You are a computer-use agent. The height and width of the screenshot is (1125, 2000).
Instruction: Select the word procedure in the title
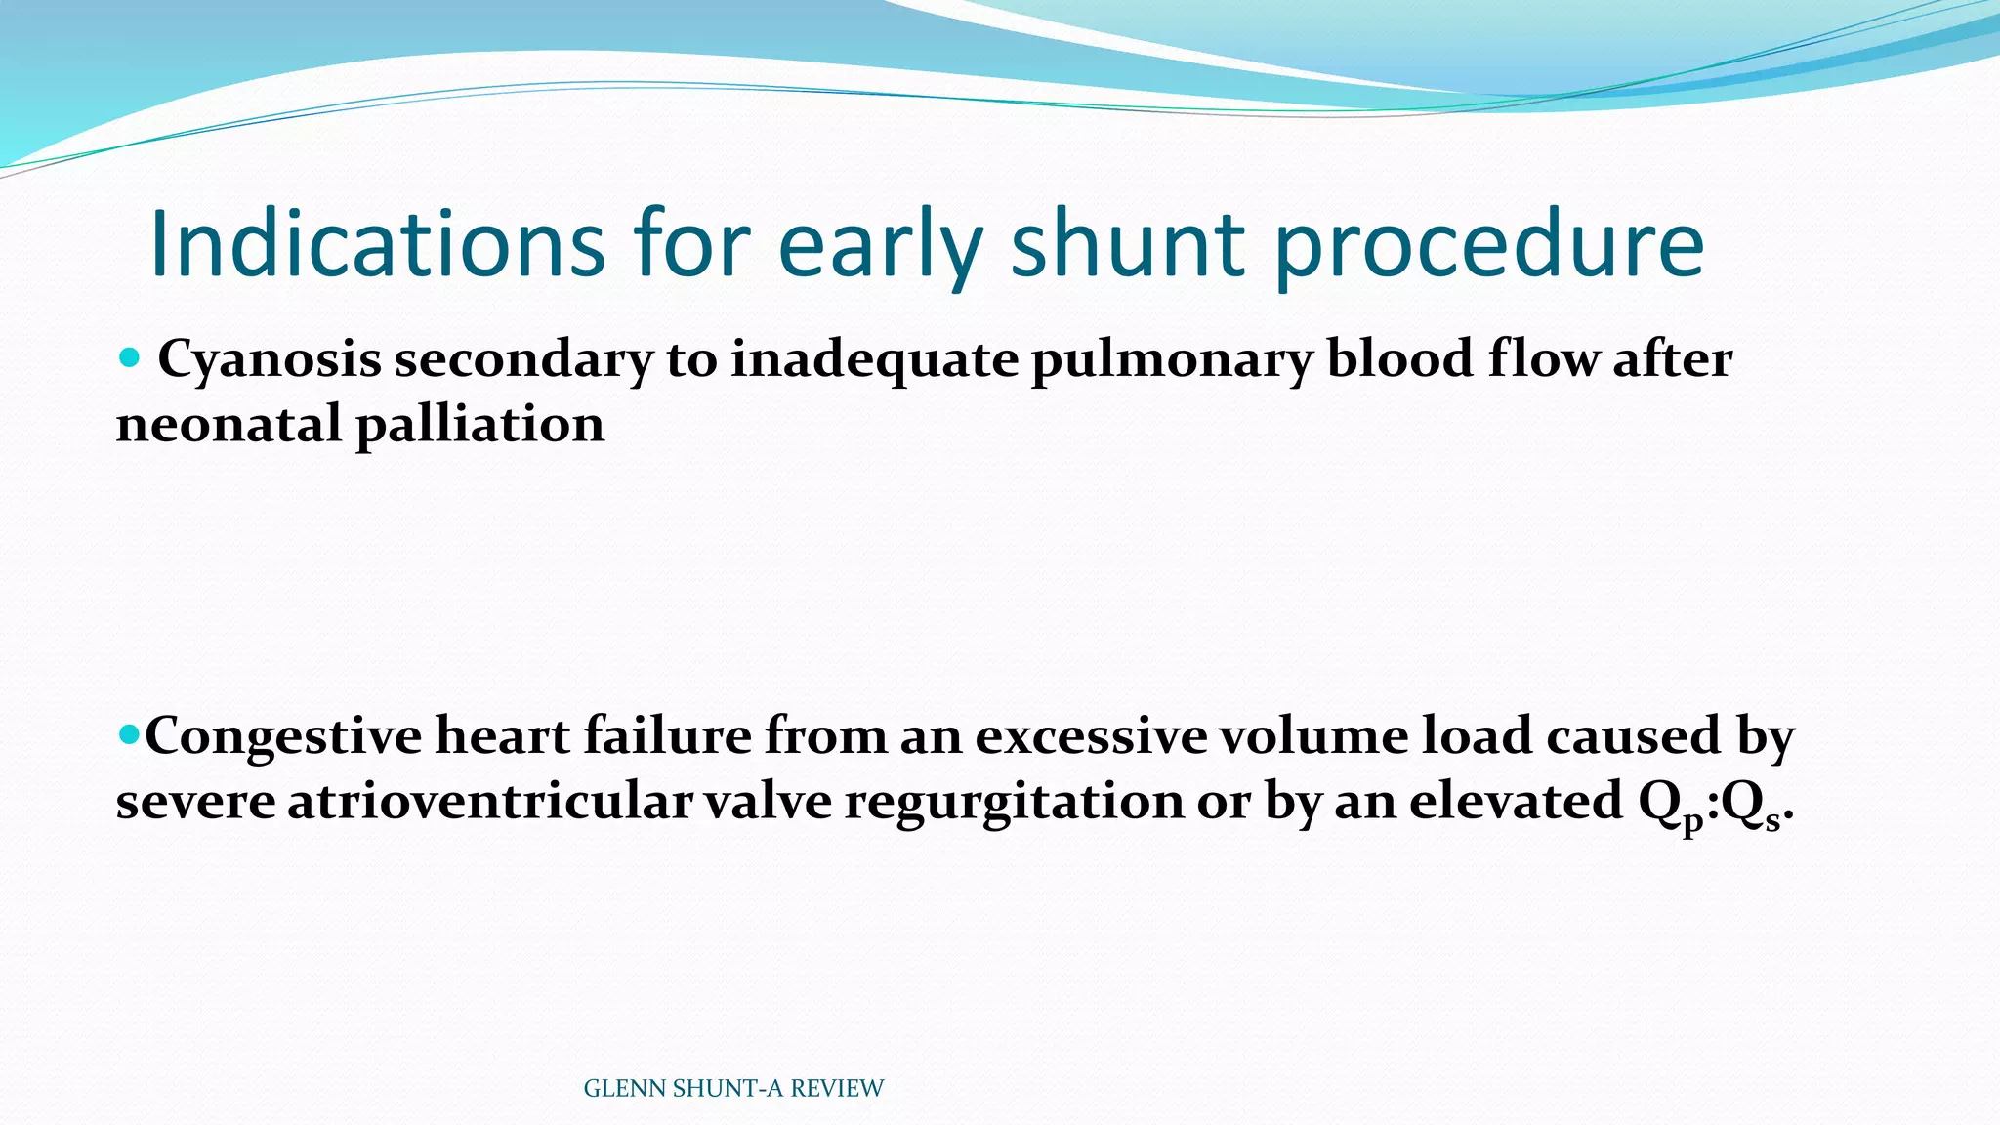(x=1490, y=244)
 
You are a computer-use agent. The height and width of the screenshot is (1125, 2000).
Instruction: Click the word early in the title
(x=880, y=244)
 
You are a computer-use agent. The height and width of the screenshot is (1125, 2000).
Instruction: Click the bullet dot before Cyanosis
(x=128, y=357)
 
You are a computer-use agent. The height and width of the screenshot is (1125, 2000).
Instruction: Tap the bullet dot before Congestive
(x=128, y=733)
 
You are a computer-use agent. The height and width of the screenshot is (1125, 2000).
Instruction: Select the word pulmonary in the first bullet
(x=1172, y=359)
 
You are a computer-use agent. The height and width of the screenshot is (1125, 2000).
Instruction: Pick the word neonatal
(x=229, y=425)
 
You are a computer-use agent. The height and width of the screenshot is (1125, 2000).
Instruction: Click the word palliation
(x=480, y=425)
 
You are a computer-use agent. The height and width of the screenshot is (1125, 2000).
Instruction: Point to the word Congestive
(x=283, y=736)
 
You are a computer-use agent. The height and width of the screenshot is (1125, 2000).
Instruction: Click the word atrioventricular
(x=490, y=802)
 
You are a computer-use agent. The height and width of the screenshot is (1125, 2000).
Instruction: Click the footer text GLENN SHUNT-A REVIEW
(x=732, y=1088)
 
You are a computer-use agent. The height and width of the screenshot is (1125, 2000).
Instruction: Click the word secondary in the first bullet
(x=523, y=359)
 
